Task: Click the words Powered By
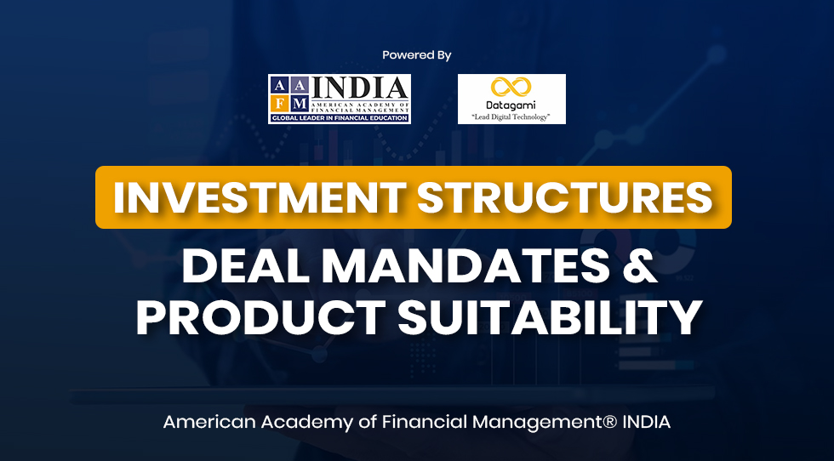pyautogui.click(x=416, y=55)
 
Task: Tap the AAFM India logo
pyautogui.click(x=340, y=99)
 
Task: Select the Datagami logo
pyautogui.click(x=511, y=99)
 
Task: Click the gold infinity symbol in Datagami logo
pyautogui.click(x=511, y=87)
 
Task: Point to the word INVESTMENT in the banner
pyautogui.click(x=259, y=198)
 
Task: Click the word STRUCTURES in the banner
pyautogui.click(x=564, y=198)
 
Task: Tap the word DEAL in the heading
pyautogui.click(x=245, y=266)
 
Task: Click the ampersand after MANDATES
pyautogui.click(x=640, y=266)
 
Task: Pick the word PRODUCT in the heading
pyautogui.click(x=260, y=318)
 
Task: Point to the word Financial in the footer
pyautogui.click(x=426, y=422)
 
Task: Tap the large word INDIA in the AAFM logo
pyautogui.click(x=361, y=88)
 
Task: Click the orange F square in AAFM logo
pyautogui.click(x=280, y=103)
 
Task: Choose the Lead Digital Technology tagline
pyautogui.click(x=511, y=117)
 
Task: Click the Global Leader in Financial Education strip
pyautogui.click(x=340, y=118)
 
